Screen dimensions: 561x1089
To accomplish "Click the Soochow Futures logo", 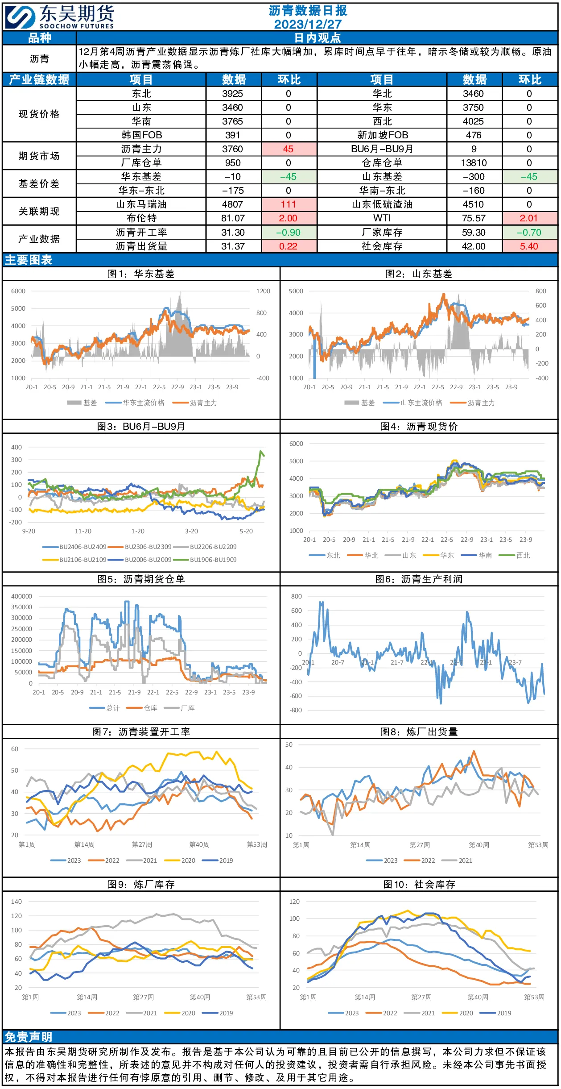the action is (60, 17).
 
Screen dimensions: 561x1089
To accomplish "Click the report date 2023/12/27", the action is (308, 24).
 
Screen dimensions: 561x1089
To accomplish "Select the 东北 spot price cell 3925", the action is (233, 94).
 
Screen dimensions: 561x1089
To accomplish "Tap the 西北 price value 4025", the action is (474, 121).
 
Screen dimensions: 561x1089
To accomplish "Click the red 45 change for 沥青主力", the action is (289, 149).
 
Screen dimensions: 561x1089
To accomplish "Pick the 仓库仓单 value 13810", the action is (474, 163).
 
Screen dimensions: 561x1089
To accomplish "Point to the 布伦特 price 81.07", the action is (233, 218).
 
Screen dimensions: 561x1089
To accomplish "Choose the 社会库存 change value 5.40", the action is (529, 246).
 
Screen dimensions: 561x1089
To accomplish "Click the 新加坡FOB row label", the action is (383, 135).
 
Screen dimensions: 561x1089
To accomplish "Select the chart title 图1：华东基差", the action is (141, 274).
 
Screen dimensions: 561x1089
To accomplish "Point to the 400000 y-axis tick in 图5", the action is (21, 596).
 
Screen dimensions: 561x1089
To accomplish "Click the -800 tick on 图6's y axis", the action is (296, 710).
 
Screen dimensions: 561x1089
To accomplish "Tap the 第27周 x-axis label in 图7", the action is (142, 844).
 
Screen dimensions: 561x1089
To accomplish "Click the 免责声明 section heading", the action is (29, 1037).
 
